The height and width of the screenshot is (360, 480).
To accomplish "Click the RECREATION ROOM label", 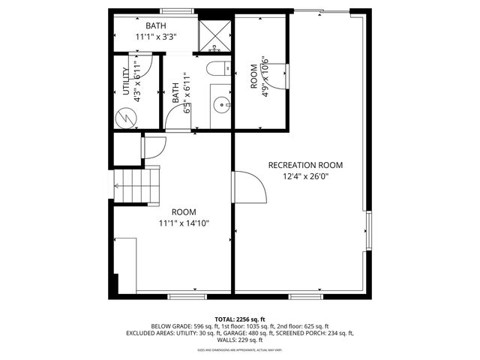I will point(305,165).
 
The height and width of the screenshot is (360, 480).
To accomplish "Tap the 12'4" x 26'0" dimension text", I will point(305,177).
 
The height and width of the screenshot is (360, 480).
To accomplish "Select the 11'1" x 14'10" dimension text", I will point(183,223).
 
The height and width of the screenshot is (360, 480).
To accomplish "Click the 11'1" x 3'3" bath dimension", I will point(156,37).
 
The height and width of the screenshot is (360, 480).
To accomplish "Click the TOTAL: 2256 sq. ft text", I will point(240,319).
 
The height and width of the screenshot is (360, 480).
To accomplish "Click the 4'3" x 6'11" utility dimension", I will point(137,82).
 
